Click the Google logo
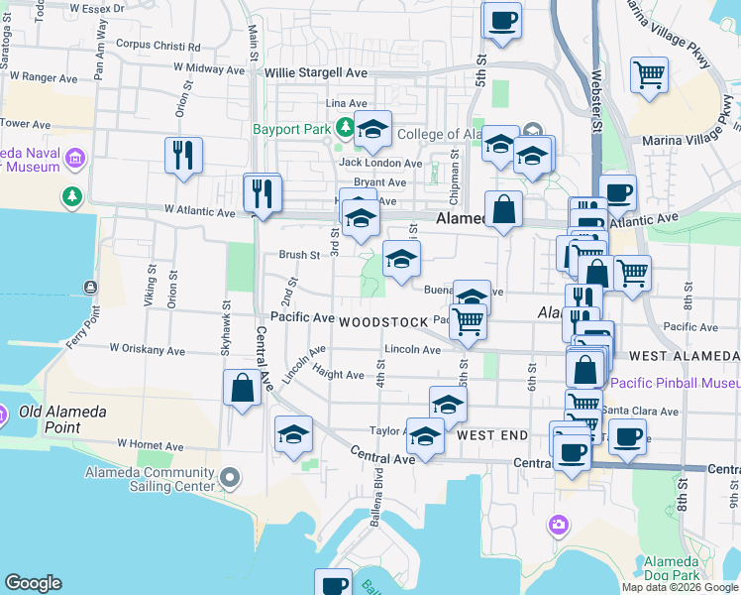pyautogui.click(x=33, y=583)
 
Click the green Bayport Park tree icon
pyautogui.click(x=345, y=128)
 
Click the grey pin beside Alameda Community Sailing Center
pyautogui.click(x=230, y=480)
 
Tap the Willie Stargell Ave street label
pyautogui.click(x=316, y=72)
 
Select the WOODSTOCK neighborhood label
pyautogui.click(x=381, y=323)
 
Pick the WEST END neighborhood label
pyautogui.click(x=492, y=435)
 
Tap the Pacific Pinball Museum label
pyautogui.click(x=675, y=383)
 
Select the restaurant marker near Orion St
pyautogui.click(x=183, y=155)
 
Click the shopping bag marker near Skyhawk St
pyautogui.click(x=242, y=388)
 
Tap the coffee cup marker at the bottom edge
pyautogui.click(x=334, y=583)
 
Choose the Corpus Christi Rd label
pyautogui.click(x=158, y=45)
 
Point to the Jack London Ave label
pyautogui.click(x=380, y=163)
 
